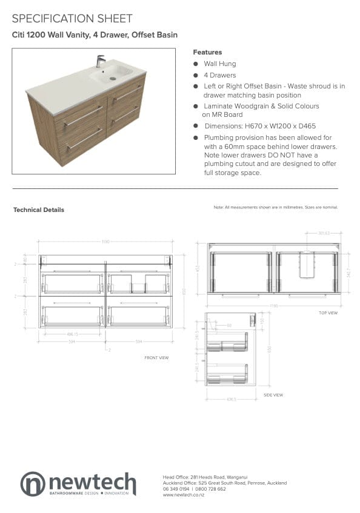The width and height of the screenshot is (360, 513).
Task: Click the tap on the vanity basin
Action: click(x=100, y=61)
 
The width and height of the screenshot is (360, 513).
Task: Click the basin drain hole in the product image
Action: click(x=112, y=78)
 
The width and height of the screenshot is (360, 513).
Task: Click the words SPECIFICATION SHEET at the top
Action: click(x=72, y=19)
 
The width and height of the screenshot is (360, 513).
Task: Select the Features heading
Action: click(x=207, y=52)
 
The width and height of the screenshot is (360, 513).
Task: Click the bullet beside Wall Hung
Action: click(x=196, y=64)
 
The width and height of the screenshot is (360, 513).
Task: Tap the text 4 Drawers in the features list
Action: click(x=219, y=75)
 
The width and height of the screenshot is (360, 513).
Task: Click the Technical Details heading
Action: click(x=38, y=210)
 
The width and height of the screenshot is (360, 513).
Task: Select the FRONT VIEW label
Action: click(x=156, y=358)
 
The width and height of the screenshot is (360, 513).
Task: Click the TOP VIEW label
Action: click(x=328, y=313)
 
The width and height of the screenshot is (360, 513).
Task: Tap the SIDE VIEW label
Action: click(x=273, y=395)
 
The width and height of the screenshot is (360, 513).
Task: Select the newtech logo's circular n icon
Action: click(x=33, y=484)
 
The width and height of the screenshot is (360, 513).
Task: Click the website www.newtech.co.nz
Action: click(x=184, y=495)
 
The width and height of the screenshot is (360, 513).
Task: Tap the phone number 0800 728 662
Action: click(x=212, y=489)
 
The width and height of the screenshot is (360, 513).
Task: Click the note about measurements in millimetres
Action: click(x=276, y=207)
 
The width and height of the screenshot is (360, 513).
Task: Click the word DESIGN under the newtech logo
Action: click(x=91, y=494)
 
